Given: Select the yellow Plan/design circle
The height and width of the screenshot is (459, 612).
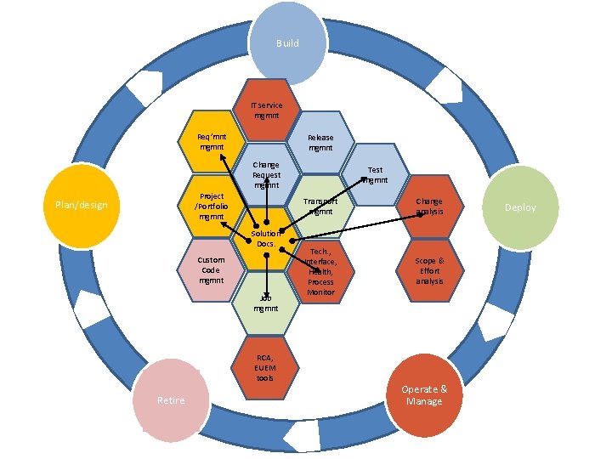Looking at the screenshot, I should pos(79,204).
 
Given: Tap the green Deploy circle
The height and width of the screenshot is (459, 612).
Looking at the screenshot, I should pos(519,207).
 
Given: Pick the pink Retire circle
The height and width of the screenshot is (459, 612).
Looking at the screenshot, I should pos(171,399).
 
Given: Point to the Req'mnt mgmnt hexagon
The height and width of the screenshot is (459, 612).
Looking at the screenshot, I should pos(212,141).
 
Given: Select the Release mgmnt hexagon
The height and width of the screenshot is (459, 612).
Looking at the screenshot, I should pos(320,142).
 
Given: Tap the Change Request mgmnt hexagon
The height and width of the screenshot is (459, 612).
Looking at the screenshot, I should pos(266,174).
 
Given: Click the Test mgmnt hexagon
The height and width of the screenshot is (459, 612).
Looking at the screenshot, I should pos(375,174).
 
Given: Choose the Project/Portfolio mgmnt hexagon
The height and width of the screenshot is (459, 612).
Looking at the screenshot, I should pos(210,206).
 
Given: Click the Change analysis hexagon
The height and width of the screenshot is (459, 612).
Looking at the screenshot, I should pos(429,206).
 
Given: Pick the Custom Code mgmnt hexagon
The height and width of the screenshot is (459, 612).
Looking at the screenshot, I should pos(212,270).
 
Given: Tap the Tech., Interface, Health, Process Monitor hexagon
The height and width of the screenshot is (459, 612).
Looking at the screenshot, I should pos(321,271).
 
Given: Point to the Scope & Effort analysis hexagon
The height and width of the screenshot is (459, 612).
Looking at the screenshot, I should pos(429,270).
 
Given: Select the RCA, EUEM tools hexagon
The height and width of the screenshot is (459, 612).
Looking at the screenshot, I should pos(266,366).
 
